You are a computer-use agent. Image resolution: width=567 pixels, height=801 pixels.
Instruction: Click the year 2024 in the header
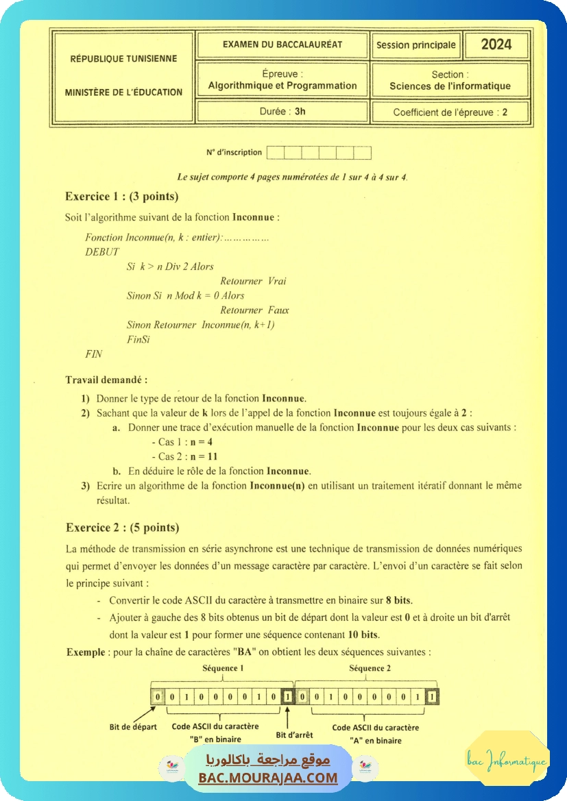click(496, 45)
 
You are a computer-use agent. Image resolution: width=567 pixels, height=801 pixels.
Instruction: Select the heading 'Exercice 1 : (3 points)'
click(121, 197)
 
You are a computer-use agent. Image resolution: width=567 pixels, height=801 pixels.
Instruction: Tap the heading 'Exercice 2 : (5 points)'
click(122, 528)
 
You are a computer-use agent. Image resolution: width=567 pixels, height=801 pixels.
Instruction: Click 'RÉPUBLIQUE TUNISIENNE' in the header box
click(123, 59)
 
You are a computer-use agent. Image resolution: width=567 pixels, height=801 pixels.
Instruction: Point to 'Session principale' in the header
click(416, 45)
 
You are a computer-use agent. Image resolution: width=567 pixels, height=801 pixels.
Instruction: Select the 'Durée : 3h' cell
click(282, 111)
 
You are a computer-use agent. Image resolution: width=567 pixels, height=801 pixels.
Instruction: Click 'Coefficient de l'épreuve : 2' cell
click(450, 112)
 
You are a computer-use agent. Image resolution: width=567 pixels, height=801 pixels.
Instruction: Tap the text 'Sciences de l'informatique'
click(450, 86)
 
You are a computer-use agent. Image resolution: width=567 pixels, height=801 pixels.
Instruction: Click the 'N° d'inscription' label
click(234, 152)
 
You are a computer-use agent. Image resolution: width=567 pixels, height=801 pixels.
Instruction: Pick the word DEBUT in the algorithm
click(102, 252)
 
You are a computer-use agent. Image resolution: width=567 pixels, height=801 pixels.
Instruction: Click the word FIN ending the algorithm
click(93, 354)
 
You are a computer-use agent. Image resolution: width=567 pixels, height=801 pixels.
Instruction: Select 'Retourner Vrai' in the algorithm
click(253, 281)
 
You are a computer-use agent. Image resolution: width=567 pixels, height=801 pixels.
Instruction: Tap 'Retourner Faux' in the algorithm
click(254, 310)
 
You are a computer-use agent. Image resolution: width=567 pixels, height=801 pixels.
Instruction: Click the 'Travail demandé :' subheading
click(106, 380)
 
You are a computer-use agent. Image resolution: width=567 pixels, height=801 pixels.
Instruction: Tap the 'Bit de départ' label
click(133, 727)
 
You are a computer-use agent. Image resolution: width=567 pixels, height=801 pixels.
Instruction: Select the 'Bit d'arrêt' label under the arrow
click(294, 735)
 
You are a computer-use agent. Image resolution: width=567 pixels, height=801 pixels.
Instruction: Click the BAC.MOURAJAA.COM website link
click(268, 778)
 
